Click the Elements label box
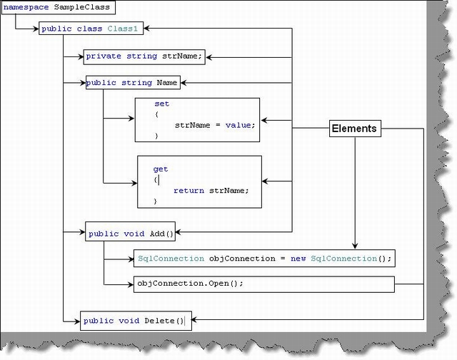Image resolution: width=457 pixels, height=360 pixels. (x=353, y=129)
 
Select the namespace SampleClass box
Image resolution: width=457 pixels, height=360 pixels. (x=57, y=9)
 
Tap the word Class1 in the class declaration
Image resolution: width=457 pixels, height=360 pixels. (x=123, y=29)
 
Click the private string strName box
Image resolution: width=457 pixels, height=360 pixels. (x=144, y=56)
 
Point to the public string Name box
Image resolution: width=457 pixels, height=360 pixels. (x=132, y=83)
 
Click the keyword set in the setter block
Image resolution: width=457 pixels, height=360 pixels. (x=161, y=104)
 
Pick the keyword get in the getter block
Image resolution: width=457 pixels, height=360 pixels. (x=161, y=169)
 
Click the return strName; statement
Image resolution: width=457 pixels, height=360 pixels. (x=211, y=191)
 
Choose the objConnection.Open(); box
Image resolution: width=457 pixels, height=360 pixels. (x=263, y=284)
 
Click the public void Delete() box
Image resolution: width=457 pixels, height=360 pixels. (x=134, y=321)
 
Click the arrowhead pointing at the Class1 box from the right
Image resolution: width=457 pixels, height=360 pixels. (x=151, y=29)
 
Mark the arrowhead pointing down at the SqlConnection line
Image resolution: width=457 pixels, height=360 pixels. (x=355, y=245)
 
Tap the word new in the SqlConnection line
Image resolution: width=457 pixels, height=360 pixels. (x=298, y=259)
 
